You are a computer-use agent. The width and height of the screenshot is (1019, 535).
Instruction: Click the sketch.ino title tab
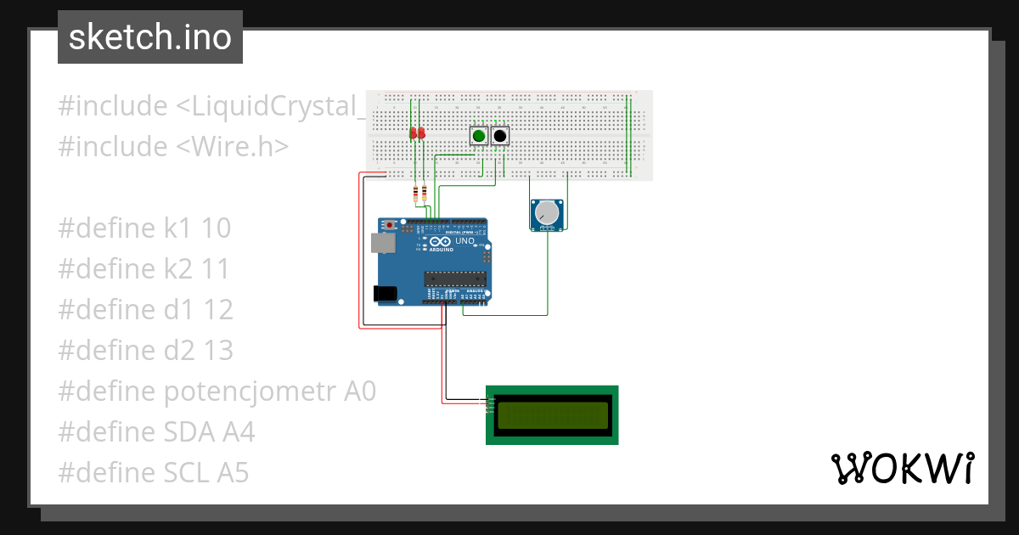(150, 37)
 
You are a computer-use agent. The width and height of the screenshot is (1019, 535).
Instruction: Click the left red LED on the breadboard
(413, 133)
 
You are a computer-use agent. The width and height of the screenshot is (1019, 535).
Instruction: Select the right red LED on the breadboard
(421, 133)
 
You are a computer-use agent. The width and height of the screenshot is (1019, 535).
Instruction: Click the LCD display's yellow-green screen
(552, 415)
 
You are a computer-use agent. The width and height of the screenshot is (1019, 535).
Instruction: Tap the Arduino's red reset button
(390, 225)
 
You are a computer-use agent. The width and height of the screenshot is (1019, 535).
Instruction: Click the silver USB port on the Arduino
(383, 244)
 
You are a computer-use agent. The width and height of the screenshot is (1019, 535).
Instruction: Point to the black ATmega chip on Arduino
(456, 277)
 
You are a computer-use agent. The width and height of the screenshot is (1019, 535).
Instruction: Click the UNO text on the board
(464, 241)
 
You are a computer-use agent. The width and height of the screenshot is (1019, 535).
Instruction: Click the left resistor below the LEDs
(414, 194)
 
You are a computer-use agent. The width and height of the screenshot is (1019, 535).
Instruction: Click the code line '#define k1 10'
(144, 228)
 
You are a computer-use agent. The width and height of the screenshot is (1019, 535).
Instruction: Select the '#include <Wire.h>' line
(173, 147)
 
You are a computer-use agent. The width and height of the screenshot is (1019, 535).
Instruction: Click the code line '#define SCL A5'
(154, 473)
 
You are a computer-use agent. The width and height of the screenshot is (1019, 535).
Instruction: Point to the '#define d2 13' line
(145, 351)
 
